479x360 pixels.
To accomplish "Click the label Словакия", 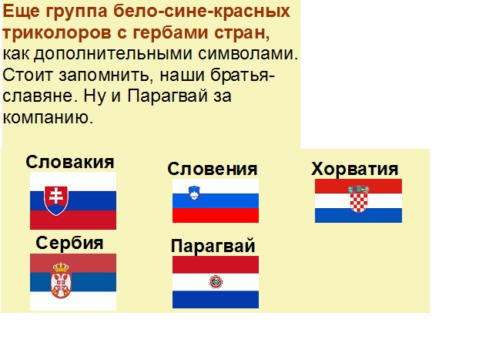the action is (x=69, y=162).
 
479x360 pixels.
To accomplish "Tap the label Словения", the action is (x=213, y=169).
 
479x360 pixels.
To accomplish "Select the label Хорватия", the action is (x=355, y=169).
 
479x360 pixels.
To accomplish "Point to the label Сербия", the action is (x=69, y=243).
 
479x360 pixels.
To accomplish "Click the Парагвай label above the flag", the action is (x=213, y=246).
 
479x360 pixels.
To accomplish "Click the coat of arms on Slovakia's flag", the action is (x=56, y=200).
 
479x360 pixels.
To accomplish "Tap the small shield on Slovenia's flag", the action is (x=194, y=193).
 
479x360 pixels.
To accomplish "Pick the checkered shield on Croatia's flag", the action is (x=358, y=199).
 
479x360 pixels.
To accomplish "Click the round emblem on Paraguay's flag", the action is (x=216, y=282).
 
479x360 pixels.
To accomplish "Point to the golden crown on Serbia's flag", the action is (x=61, y=267).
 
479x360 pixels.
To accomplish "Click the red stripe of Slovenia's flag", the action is (x=216, y=215).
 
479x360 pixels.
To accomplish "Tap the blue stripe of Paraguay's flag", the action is (x=216, y=299).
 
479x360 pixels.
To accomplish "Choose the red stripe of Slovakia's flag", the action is (x=73, y=220).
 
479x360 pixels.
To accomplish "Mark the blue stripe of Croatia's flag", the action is (x=358, y=215).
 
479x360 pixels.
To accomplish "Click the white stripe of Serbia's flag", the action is (x=73, y=301).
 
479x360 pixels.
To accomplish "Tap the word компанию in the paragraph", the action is (x=48, y=117).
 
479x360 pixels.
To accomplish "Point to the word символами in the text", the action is (x=248, y=54).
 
